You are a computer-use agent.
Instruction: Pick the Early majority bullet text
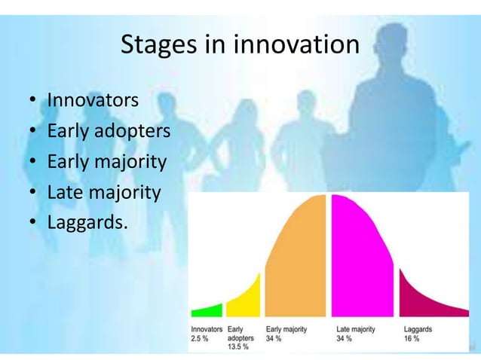[106, 162]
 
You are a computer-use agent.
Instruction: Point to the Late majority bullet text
[104, 193]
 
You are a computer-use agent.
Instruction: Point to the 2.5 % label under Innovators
[201, 339]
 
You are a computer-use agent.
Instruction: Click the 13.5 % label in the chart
[239, 348]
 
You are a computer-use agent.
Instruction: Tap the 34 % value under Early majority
[274, 339]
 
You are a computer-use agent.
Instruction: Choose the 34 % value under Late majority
[345, 339]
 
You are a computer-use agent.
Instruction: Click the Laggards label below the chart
[418, 330]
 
